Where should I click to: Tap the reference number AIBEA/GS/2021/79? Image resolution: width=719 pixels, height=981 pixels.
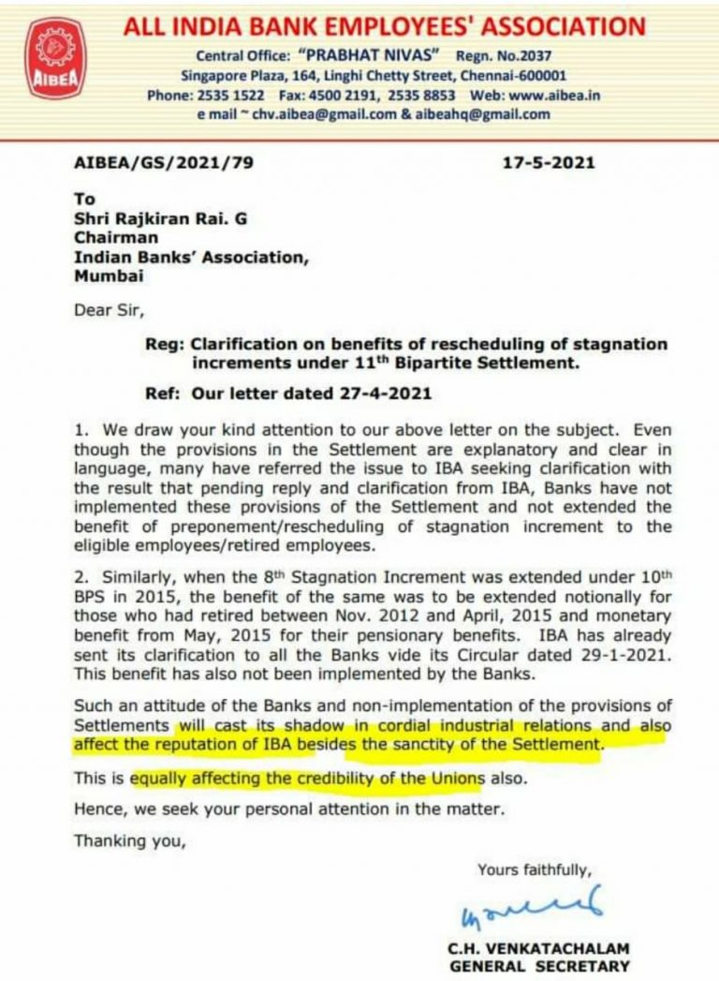163,163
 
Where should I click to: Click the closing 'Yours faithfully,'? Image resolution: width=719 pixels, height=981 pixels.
534,870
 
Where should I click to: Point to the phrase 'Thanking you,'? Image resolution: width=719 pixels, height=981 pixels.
130,841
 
